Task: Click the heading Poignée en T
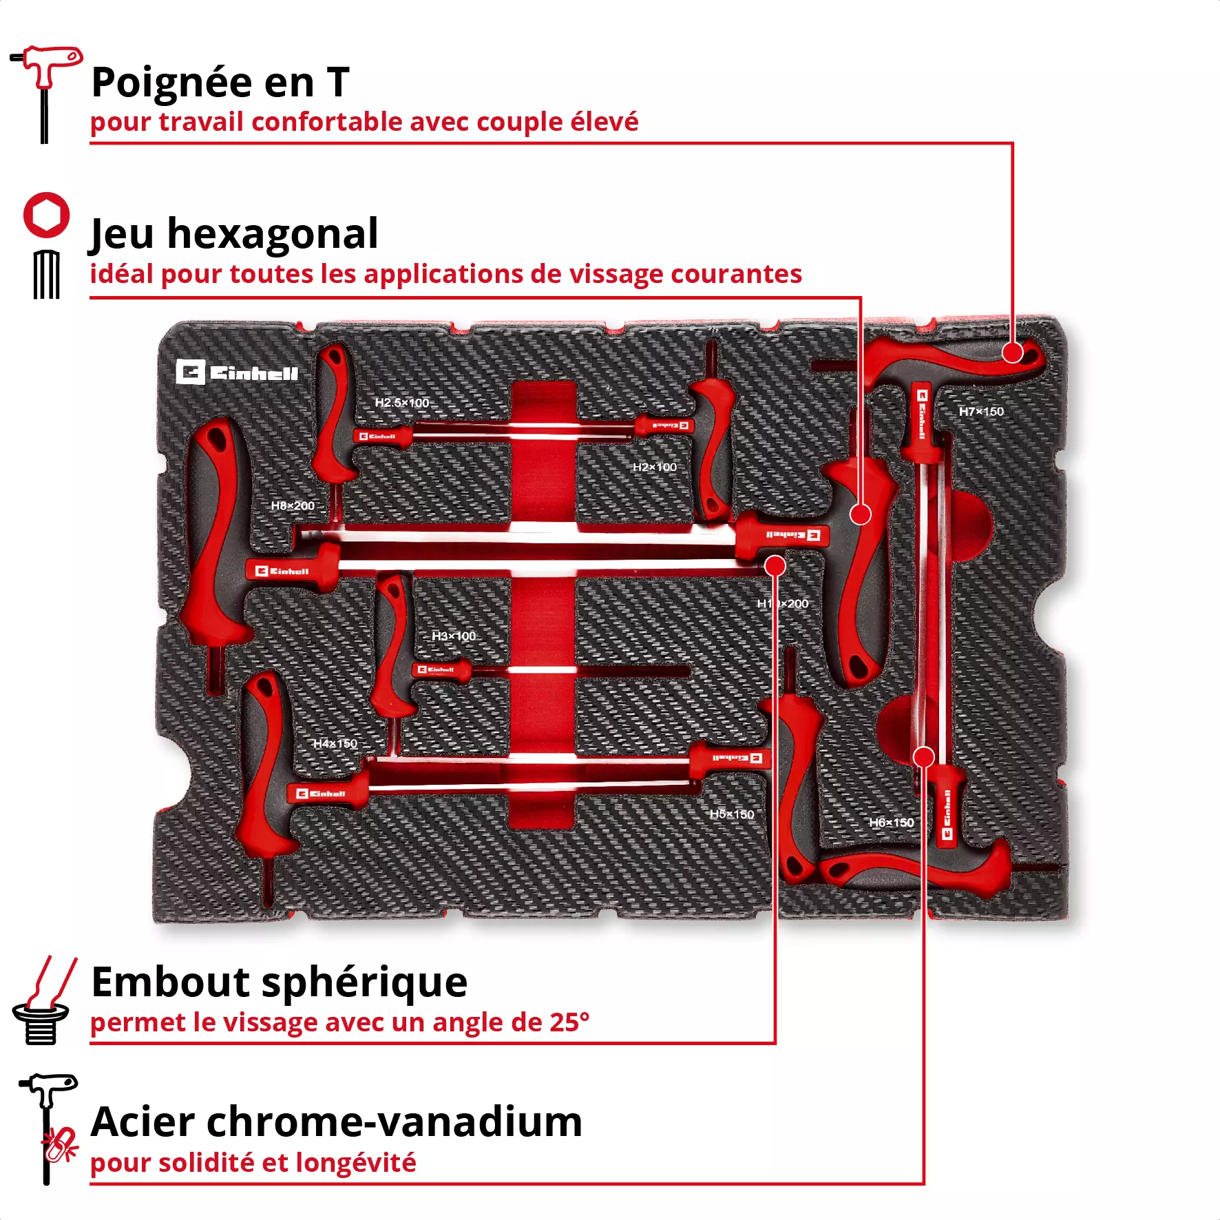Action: (220, 83)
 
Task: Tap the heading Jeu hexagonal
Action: (234, 234)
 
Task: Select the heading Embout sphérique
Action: (279, 982)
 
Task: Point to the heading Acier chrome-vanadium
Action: (336, 1122)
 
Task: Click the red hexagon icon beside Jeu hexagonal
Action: (46, 215)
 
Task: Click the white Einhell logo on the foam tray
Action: (237, 372)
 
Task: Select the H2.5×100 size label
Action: (401, 403)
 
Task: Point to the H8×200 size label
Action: (293, 506)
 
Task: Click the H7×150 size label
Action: (981, 412)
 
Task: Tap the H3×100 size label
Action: (453, 636)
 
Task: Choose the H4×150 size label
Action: (335, 744)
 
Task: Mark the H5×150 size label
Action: (732, 814)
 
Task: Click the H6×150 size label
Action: (892, 823)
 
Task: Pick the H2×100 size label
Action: (655, 467)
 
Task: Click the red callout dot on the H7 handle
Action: (1012, 353)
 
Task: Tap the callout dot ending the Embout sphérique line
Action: (775, 566)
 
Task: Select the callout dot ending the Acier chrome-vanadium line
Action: (923, 757)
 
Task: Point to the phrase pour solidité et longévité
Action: (253, 1162)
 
